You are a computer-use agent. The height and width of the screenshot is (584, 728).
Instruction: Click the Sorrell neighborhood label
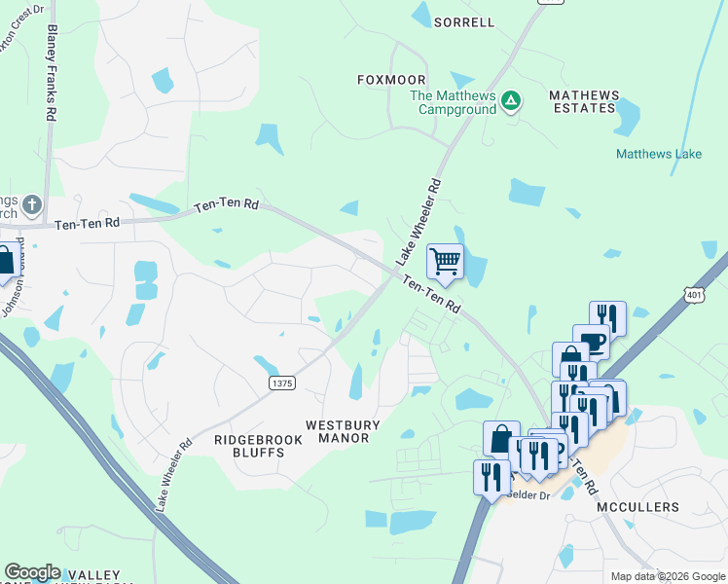pyautogui.click(x=464, y=21)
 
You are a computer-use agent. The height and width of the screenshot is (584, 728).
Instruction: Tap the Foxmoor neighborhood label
pyautogui.click(x=391, y=80)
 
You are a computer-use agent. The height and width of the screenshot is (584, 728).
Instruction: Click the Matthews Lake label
pyautogui.click(x=659, y=154)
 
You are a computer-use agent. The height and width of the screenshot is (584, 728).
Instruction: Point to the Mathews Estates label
pyautogui.click(x=583, y=101)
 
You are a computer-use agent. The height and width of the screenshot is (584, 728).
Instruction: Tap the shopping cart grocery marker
pyautogui.click(x=445, y=261)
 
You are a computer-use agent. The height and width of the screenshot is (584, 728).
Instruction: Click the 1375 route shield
pyautogui.click(x=280, y=384)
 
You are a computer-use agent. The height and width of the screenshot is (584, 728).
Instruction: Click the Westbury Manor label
pyautogui.click(x=338, y=431)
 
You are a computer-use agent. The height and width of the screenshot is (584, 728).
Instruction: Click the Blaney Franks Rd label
pyautogui.click(x=51, y=73)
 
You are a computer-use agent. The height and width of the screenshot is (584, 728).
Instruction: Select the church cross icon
pyautogui.click(x=31, y=204)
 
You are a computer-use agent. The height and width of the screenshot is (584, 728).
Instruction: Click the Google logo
pyautogui.click(x=32, y=572)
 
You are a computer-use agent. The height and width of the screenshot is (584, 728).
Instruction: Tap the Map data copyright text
pyautogui.click(x=668, y=576)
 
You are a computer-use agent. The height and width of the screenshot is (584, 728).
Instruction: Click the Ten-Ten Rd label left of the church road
pyautogui.click(x=88, y=223)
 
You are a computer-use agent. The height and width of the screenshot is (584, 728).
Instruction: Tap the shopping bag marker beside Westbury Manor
pyautogui.click(x=500, y=438)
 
